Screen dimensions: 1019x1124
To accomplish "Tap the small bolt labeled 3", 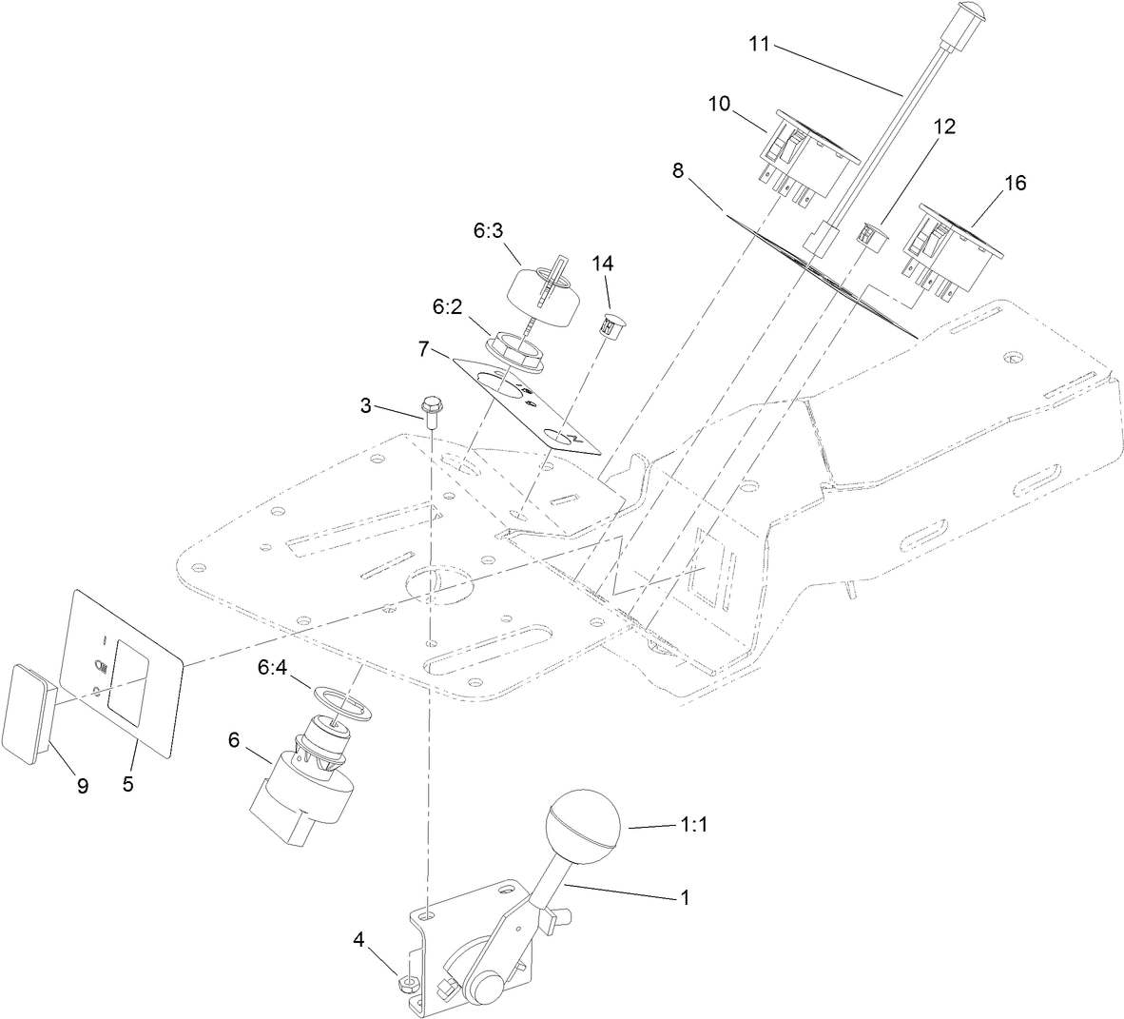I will click(x=432, y=410).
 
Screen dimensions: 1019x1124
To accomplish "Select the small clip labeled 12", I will click(x=867, y=234).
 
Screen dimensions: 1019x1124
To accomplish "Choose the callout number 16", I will click(x=1015, y=183).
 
